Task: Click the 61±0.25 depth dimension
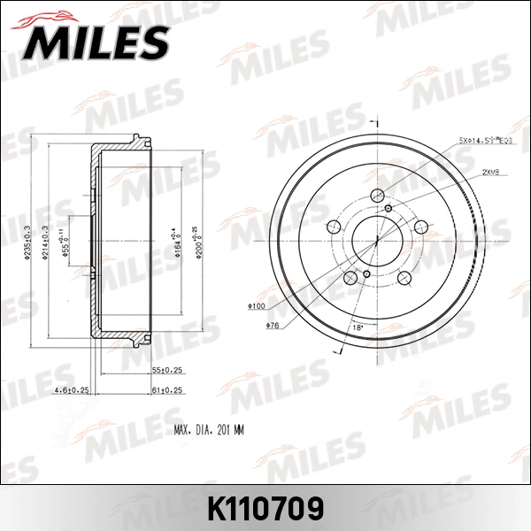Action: click(166, 389)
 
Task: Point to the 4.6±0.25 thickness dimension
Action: click(72, 389)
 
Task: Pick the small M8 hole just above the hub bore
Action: click(389, 207)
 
